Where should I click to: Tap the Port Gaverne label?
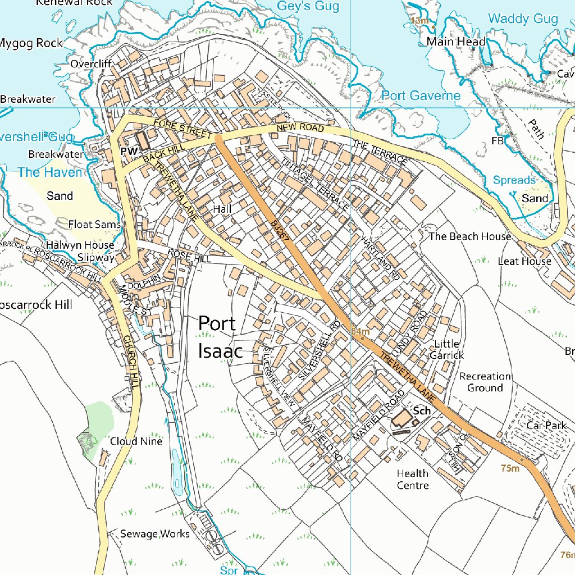pyautogui.click(x=421, y=95)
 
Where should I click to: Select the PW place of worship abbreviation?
pyautogui.click(x=129, y=152)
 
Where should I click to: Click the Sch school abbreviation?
pyautogui.click(x=422, y=410)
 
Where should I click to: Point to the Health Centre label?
pyautogui.click(x=413, y=480)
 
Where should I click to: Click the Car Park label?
pyautogui.click(x=546, y=425)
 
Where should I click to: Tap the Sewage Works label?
pyautogui.click(x=155, y=533)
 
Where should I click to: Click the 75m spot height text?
pyautogui.click(x=510, y=468)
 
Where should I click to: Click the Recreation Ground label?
pyautogui.click(x=485, y=382)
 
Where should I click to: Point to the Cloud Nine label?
pyautogui.click(x=136, y=441)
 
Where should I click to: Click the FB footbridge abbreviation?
pyautogui.click(x=498, y=141)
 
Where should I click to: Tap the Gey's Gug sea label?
pyautogui.click(x=308, y=6)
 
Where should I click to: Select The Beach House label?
pyautogui.click(x=469, y=236)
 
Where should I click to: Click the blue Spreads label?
pyautogui.click(x=514, y=180)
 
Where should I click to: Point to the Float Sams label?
pyautogui.click(x=94, y=225)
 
